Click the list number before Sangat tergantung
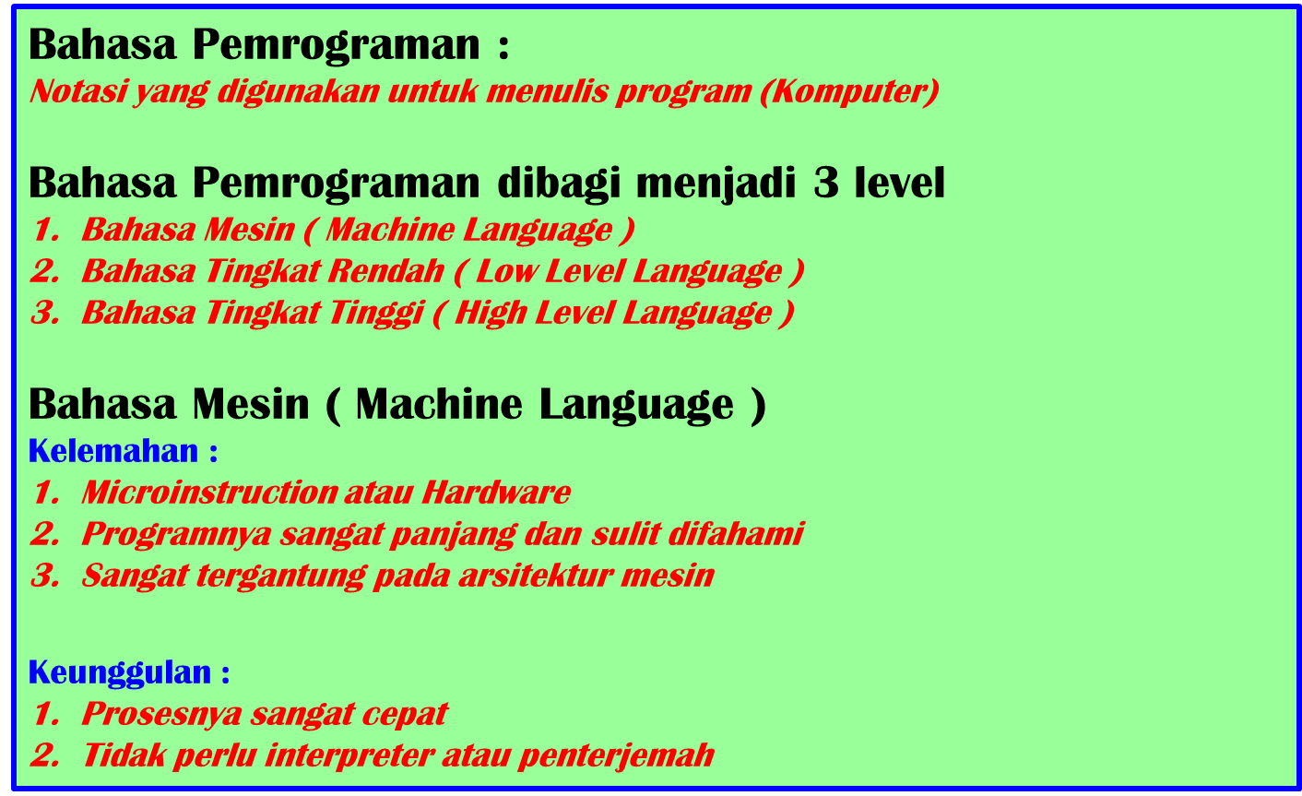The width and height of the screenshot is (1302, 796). [42, 576]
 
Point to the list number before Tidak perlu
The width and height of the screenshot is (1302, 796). [42, 754]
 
